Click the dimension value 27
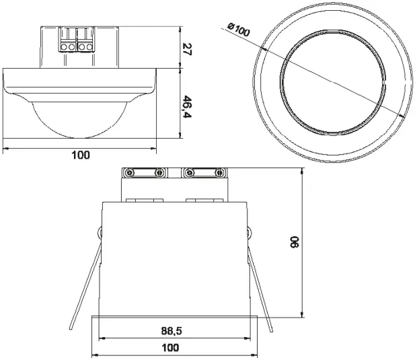(x=188, y=50)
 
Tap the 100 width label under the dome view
(x=81, y=155)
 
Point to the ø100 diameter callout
(x=238, y=30)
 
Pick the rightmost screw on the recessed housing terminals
(x=220, y=173)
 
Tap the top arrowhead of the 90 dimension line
(x=304, y=171)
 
